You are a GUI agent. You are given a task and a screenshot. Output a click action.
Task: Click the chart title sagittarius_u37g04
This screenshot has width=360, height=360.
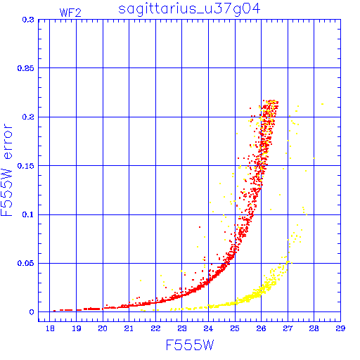pyautogui.click(x=189, y=10)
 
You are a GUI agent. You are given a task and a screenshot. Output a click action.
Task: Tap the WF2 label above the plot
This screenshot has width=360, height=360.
pyautogui.click(x=70, y=13)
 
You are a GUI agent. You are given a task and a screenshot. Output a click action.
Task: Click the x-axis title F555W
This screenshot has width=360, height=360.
pyautogui.click(x=190, y=345)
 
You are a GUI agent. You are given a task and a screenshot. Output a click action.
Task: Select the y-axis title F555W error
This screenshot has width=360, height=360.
pyautogui.click(x=6, y=169)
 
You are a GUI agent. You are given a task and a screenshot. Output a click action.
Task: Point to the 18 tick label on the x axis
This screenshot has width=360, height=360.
pyautogui.click(x=50, y=328)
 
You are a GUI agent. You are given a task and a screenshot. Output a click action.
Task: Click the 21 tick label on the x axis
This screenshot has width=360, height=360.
pyautogui.click(x=129, y=328)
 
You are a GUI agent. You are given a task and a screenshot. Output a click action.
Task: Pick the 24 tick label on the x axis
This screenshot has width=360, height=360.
pyautogui.click(x=208, y=328)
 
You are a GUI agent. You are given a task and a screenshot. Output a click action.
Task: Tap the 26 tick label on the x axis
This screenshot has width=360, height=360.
pyautogui.click(x=261, y=328)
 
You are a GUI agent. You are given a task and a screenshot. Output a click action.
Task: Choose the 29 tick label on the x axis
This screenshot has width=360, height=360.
pyautogui.click(x=340, y=328)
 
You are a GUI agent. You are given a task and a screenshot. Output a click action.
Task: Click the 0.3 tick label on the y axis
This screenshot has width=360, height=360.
pyautogui.click(x=28, y=20)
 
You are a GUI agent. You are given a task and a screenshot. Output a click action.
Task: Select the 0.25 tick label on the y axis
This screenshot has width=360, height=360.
pyautogui.click(x=26, y=68)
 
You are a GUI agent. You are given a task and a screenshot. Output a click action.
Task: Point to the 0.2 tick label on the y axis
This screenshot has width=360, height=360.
pyautogui.click(x=28, y=117)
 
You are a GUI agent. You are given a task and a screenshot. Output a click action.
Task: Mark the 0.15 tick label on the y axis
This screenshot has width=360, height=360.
pyautogui.click(x=26, y=166)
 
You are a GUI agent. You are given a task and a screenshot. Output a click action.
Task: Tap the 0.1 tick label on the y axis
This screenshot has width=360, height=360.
pyautogui.click(x=28, y=214)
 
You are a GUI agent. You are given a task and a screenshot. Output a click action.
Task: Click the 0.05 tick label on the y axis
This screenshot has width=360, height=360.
pyautogui.click(x=26, y=263)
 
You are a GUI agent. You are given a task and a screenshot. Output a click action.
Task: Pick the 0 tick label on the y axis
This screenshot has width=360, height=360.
pyautogui.click(x=32, y=312)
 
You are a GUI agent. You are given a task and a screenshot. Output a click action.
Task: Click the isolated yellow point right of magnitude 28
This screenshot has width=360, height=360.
pyautogui.click(x=323, y=104)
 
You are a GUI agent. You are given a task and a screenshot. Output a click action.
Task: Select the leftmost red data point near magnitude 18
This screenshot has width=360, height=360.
pyautogui.click(x=54, y=311)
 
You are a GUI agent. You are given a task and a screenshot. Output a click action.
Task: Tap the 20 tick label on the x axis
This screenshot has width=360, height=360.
pyautogui.click(x=103, y=328)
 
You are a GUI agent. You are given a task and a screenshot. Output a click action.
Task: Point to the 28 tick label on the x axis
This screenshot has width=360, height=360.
pyautogui.click(x=314, y=328)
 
